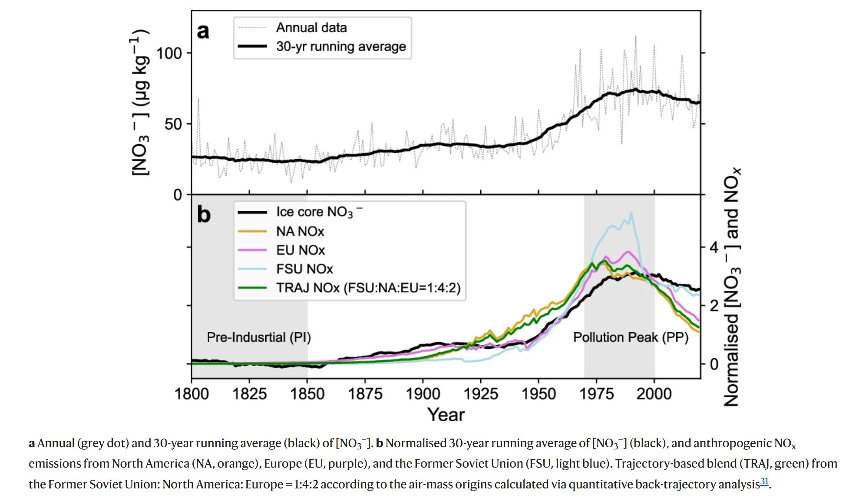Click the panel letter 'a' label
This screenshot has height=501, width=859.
[203, 31]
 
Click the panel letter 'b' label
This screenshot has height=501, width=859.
[204, 214]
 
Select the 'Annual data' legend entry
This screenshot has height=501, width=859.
[311, 28]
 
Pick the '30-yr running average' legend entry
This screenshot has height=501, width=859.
[341, 46]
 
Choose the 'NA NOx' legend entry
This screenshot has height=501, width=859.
[300, 231]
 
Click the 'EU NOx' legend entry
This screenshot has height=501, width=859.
[301, 250]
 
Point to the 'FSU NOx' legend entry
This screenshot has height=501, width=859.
[304, 269]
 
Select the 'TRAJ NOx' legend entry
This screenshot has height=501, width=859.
[368, 288]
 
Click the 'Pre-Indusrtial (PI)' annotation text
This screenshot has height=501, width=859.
[259, 337]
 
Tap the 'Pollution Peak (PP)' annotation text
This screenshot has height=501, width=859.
[631, 337]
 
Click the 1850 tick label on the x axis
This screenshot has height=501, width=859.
[307, 394]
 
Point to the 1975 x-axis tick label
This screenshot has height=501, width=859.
[596, 394]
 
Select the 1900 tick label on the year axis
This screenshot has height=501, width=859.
[423, 394]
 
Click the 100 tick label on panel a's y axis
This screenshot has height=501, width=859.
[168, 53]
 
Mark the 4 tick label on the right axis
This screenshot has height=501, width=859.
[714, 248]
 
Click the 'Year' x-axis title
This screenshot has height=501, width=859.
[446, 415]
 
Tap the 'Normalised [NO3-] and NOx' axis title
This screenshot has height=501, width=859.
[732, 286]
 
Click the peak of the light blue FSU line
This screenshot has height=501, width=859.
[631, 213]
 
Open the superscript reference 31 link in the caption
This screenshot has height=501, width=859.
[764, 481]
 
